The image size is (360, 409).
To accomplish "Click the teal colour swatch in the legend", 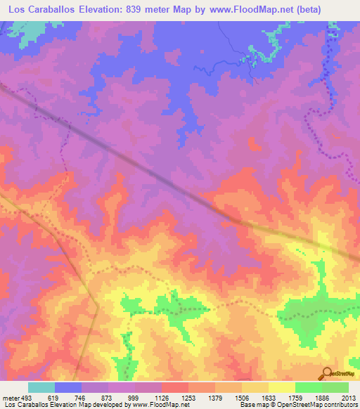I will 41,387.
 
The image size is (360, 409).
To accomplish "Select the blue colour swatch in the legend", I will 68,387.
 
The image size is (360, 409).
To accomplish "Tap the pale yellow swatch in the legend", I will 281,387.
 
